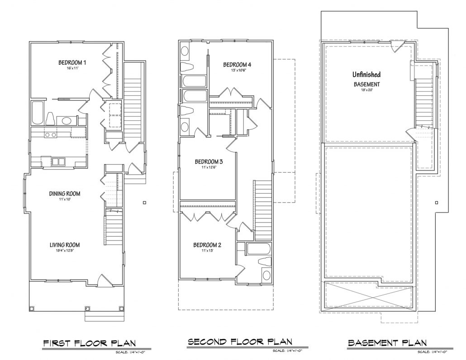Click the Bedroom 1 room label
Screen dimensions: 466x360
pos(72,62)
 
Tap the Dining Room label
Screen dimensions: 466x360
pos(65,194)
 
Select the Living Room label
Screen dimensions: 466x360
pos(65,245)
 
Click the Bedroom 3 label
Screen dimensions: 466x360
pos(209,161)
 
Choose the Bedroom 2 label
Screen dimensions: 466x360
pos(207,245)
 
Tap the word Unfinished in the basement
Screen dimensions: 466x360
pos(366,74)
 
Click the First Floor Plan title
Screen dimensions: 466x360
pos(90,343)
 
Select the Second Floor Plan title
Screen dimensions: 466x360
pos(240,341)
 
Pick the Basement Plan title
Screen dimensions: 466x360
pos(387,343)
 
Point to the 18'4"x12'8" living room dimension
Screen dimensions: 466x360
pos(65,251)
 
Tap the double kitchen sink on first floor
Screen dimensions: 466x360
pos(58,161)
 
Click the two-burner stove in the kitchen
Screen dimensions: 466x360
pos(50,135)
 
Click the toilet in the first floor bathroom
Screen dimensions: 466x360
pos(50,119)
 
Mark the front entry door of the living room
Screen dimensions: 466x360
pos(105,280)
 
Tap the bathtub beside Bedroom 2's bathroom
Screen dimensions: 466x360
pos(258,249)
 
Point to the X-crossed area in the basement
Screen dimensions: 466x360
pos(369,296)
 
